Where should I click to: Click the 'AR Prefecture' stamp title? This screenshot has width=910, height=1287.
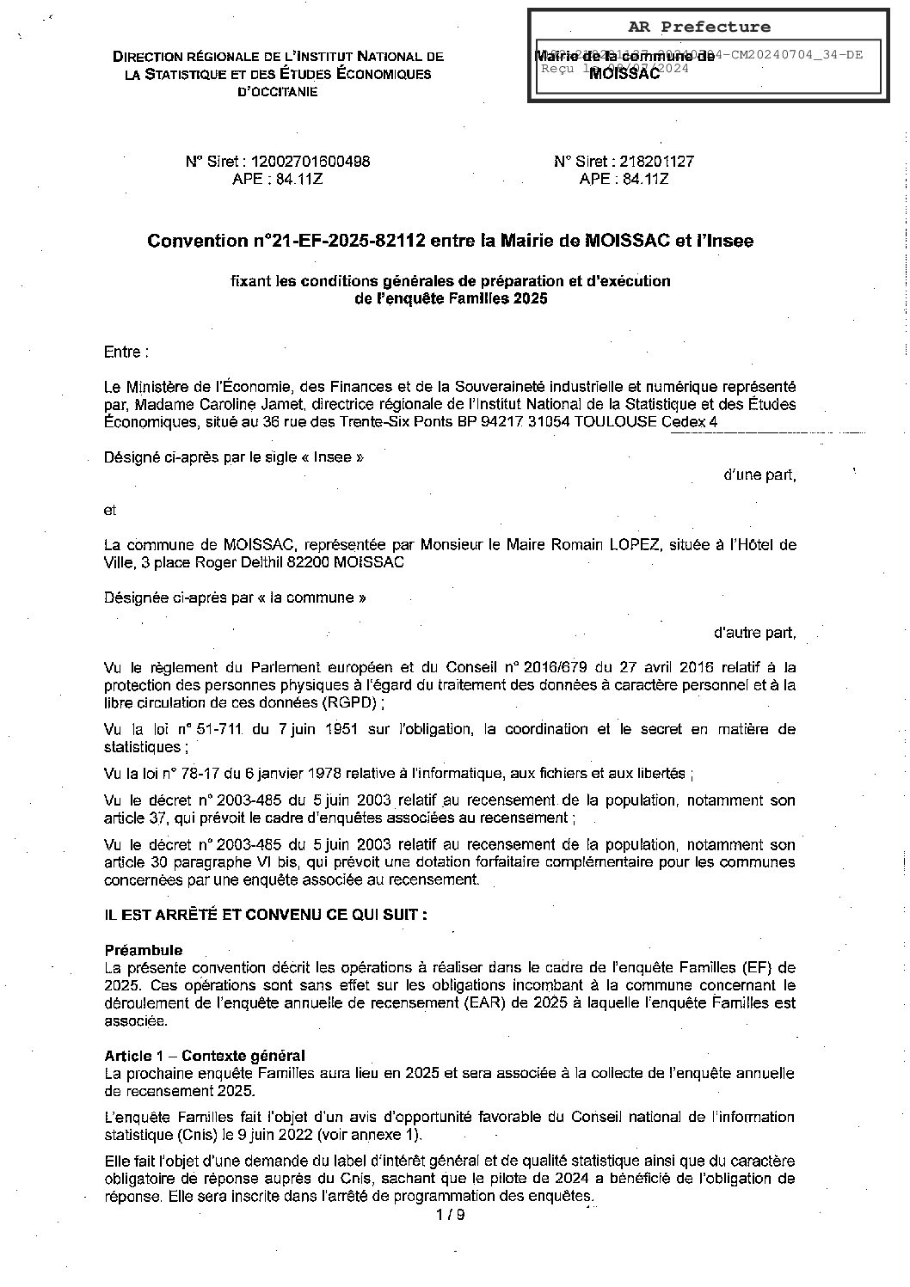pyautogui.click(x=704, y=28)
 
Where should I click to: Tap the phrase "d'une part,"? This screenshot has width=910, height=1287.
pyautogui.click(x=759, y=475)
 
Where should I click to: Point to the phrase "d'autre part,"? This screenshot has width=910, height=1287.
pyautogui.click(x=754, y=633)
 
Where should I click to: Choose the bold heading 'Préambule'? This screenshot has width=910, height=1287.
pyautogui.click(x=143, y=950)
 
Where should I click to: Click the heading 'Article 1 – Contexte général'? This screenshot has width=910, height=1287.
pyautogui.click(x=205, y=1056)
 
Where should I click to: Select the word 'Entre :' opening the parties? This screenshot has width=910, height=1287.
pyautogui.click(x=126, y=352)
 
